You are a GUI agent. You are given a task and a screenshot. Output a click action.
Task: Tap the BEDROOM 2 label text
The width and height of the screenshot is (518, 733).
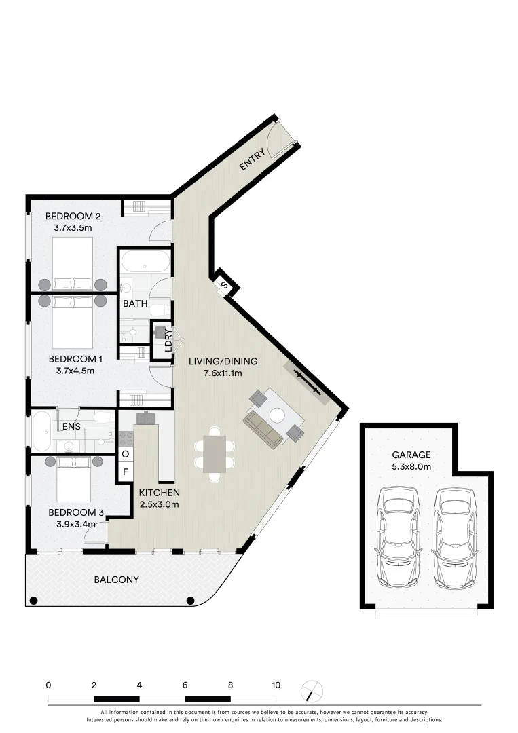point(73,217)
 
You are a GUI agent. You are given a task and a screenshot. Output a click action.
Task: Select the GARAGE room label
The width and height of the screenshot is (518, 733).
point(411,455)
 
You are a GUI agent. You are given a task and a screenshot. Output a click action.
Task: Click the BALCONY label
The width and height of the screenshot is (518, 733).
point(116,580)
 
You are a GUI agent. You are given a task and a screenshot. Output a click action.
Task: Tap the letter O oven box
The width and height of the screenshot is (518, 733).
point(125,453)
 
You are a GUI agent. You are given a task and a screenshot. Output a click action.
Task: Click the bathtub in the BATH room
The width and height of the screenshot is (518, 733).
point(145,263)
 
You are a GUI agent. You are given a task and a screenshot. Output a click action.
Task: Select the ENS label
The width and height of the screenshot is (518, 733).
point(72,427)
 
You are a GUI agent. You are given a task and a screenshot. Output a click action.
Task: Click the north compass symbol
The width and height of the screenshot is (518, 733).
point(312,692)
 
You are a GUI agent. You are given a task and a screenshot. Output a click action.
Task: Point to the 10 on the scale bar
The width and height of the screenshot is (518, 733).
point(276,685)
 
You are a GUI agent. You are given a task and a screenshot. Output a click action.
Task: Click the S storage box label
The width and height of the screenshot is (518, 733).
point(224,286)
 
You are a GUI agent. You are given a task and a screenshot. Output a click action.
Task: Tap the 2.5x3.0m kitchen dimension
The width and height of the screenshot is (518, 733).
point(159,504)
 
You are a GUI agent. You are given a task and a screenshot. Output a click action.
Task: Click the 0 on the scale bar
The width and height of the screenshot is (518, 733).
point(48,685)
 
